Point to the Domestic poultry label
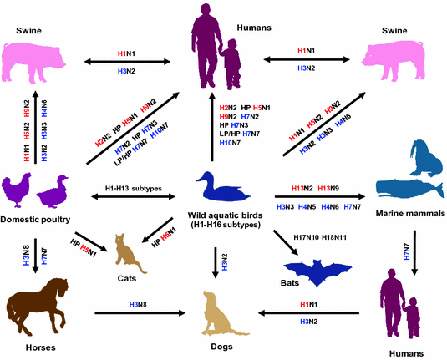coord(38,220)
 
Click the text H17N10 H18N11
coord(322,237)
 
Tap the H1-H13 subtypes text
coord(134,189)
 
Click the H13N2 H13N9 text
coord(319,189)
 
